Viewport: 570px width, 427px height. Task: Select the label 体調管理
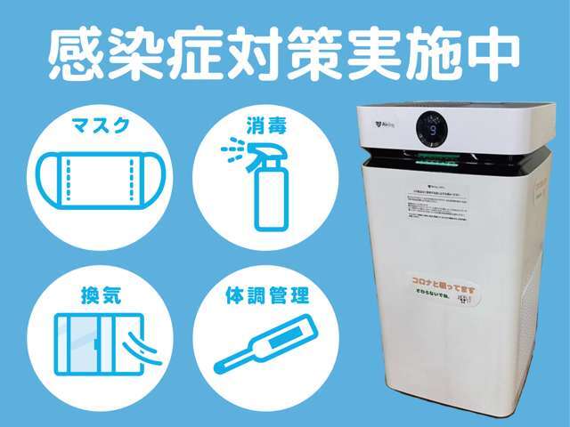click(x=265, y=293)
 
